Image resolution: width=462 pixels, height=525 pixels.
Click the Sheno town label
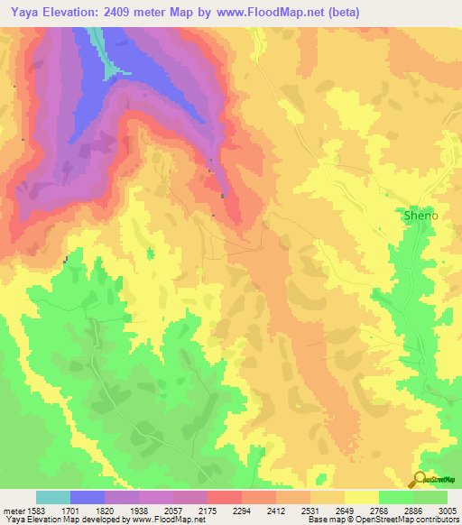click(x=420, y=216)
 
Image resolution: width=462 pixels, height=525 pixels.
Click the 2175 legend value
click(x=207, y=510)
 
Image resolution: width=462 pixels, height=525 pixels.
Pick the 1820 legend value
click(x=104, y=510)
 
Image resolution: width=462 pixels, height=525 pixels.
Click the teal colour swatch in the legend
click(x=53, y=497)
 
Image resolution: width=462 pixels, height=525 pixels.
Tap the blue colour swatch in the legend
click(x=88, y=497)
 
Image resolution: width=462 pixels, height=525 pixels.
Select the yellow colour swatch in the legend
click(x=362, y=497)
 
